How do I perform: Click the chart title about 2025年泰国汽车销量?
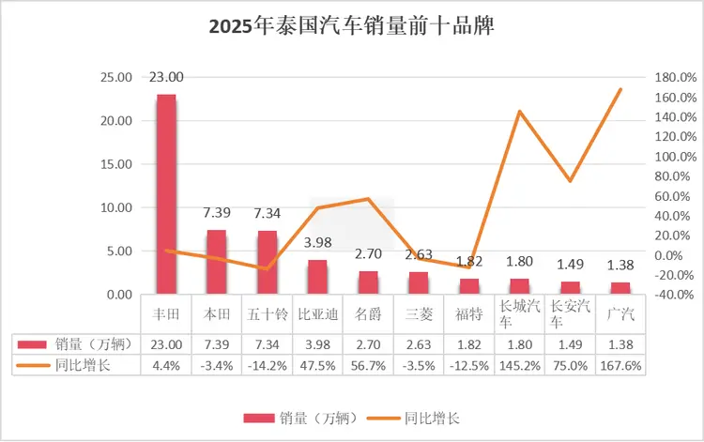click(352, 26)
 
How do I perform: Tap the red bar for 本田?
click(217, 262)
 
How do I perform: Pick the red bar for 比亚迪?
click(317, 277)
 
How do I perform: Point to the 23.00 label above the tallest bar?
click(166, 77)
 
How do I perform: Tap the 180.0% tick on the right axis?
click(671, 78)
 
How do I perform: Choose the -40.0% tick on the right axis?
click(671, 294)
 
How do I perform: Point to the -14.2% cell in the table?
click(268, 365)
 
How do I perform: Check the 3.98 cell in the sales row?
click(317, 344)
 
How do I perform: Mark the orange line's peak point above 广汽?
click(620, 89)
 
